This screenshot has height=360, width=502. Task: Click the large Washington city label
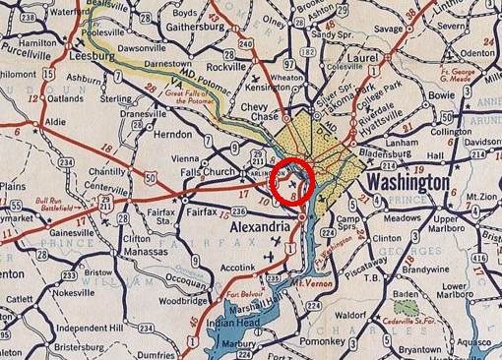click(x=407, y=183)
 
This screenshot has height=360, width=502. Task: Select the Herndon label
click(x=172, y=133)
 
